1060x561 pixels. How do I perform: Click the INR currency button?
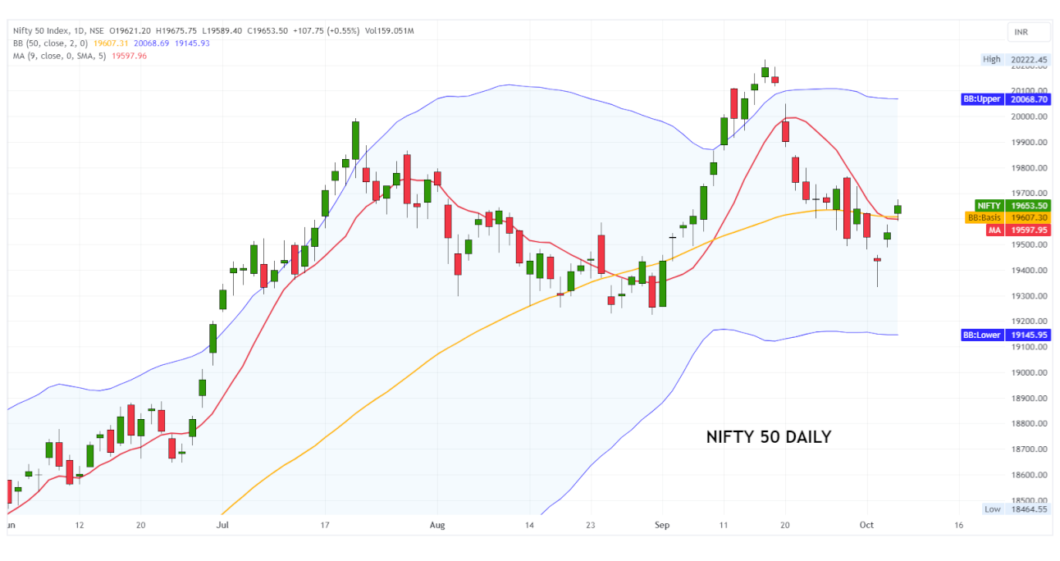point(1029,32)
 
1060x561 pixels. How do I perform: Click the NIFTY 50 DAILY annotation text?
point(768,437)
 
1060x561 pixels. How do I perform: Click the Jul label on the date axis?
point(222,524)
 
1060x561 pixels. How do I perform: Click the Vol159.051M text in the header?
point(390,31)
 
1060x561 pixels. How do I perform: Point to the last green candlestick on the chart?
point(898,209)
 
